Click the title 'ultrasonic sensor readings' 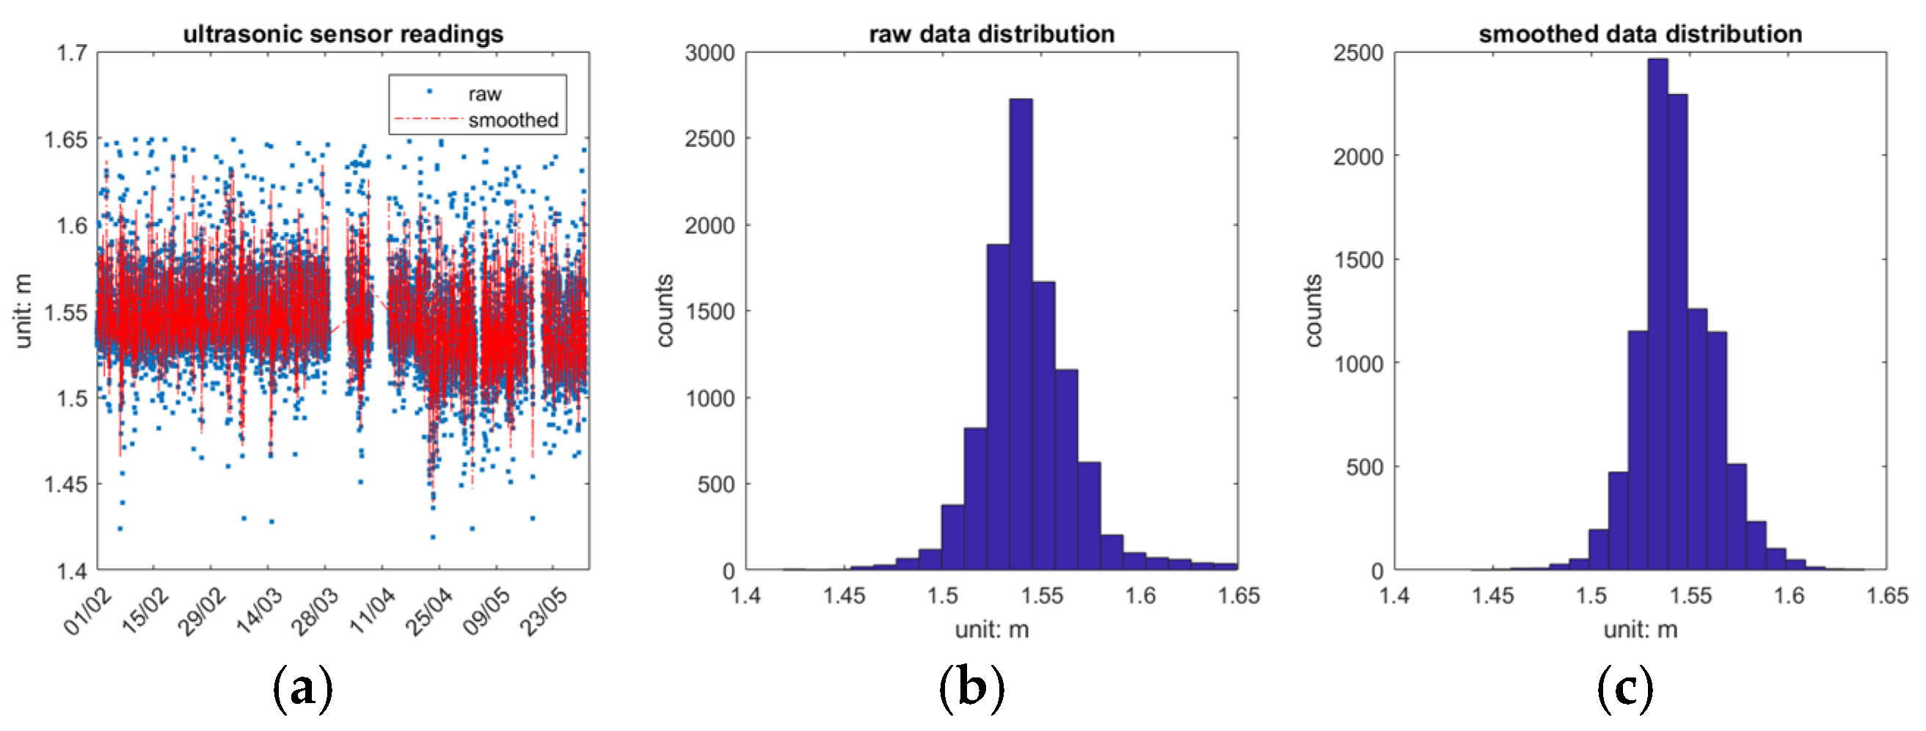pos(343,34)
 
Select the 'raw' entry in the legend pos(484,94)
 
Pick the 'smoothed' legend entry pos(512,120)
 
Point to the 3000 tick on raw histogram pos(710,53)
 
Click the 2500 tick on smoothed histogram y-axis pos(1358,53)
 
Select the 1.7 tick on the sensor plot pos(72,53)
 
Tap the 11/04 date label pos(372,611)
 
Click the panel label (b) pos(971,687)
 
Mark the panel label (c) pos(1624,687)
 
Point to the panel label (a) pos(302,687)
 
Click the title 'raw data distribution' pos(991,34)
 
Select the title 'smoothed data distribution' pos(1640,34)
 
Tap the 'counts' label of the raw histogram pos(664,310)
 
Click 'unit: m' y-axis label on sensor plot pos(23,310)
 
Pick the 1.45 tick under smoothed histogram pos(1492,595)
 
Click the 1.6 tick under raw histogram pos(1140,595)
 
